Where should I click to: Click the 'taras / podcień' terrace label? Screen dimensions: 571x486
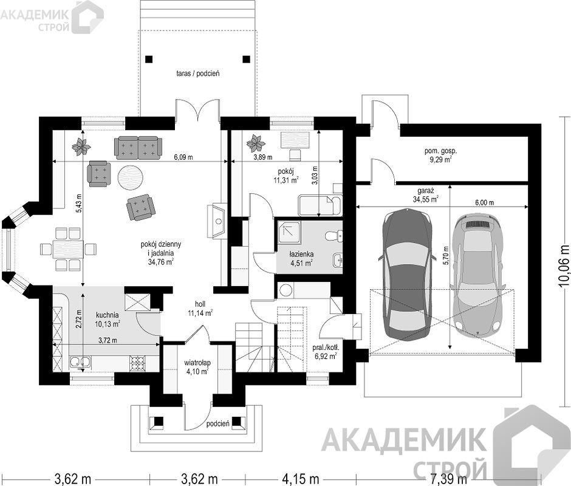pos(198,74)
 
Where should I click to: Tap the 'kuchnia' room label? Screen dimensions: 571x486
pos(107,315)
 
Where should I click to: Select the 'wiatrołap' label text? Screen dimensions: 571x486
pos(197,363)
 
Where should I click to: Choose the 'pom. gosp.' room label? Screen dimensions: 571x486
pos(440,151)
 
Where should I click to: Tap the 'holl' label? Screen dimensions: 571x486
pos(200,304)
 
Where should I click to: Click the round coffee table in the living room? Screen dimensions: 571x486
pos(129,177)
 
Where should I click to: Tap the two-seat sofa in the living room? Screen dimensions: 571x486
pos(138,148)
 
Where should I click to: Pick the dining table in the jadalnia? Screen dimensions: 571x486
pos(68,250)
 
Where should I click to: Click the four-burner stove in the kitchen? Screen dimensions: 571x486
pos(138,362)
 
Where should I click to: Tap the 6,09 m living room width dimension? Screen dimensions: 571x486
pos(183,157)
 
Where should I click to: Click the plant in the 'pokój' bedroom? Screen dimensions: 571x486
pos(255,143)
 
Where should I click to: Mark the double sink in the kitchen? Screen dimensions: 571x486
pos(80,362)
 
